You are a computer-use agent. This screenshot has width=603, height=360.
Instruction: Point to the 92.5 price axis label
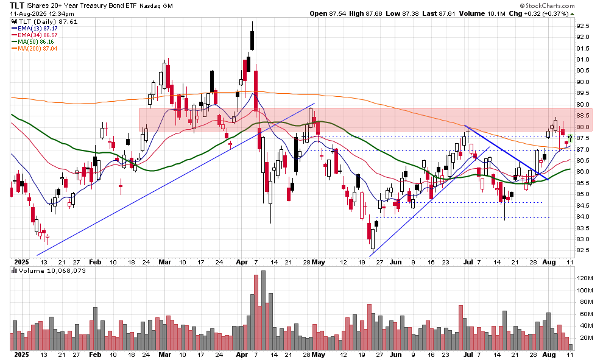click(584, 26)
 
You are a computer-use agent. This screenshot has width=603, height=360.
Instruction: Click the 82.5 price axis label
click(584, 250)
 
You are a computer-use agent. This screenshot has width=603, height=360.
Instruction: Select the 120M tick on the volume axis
click(585, 278)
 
